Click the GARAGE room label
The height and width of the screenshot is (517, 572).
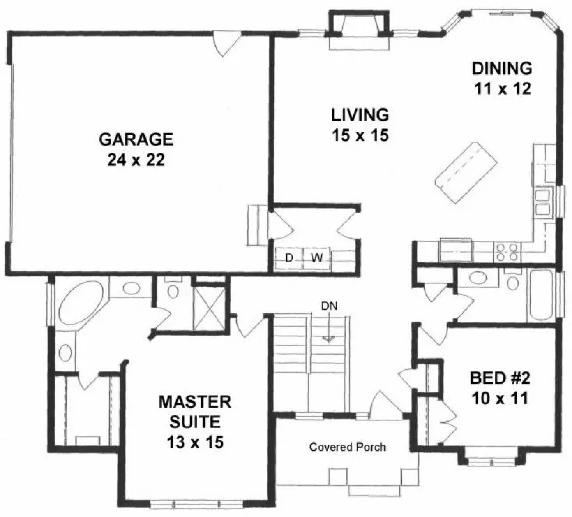[135, 140]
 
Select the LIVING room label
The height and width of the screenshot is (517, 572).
[360, 115]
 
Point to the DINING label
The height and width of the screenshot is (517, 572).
[503, 67]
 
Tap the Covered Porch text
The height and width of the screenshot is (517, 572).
[348, 447]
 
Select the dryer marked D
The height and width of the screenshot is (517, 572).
[288, 257]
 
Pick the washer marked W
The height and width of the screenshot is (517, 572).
[317, 257]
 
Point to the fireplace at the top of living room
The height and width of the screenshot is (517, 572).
[358, 28]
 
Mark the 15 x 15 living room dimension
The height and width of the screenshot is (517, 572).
[360, 135]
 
